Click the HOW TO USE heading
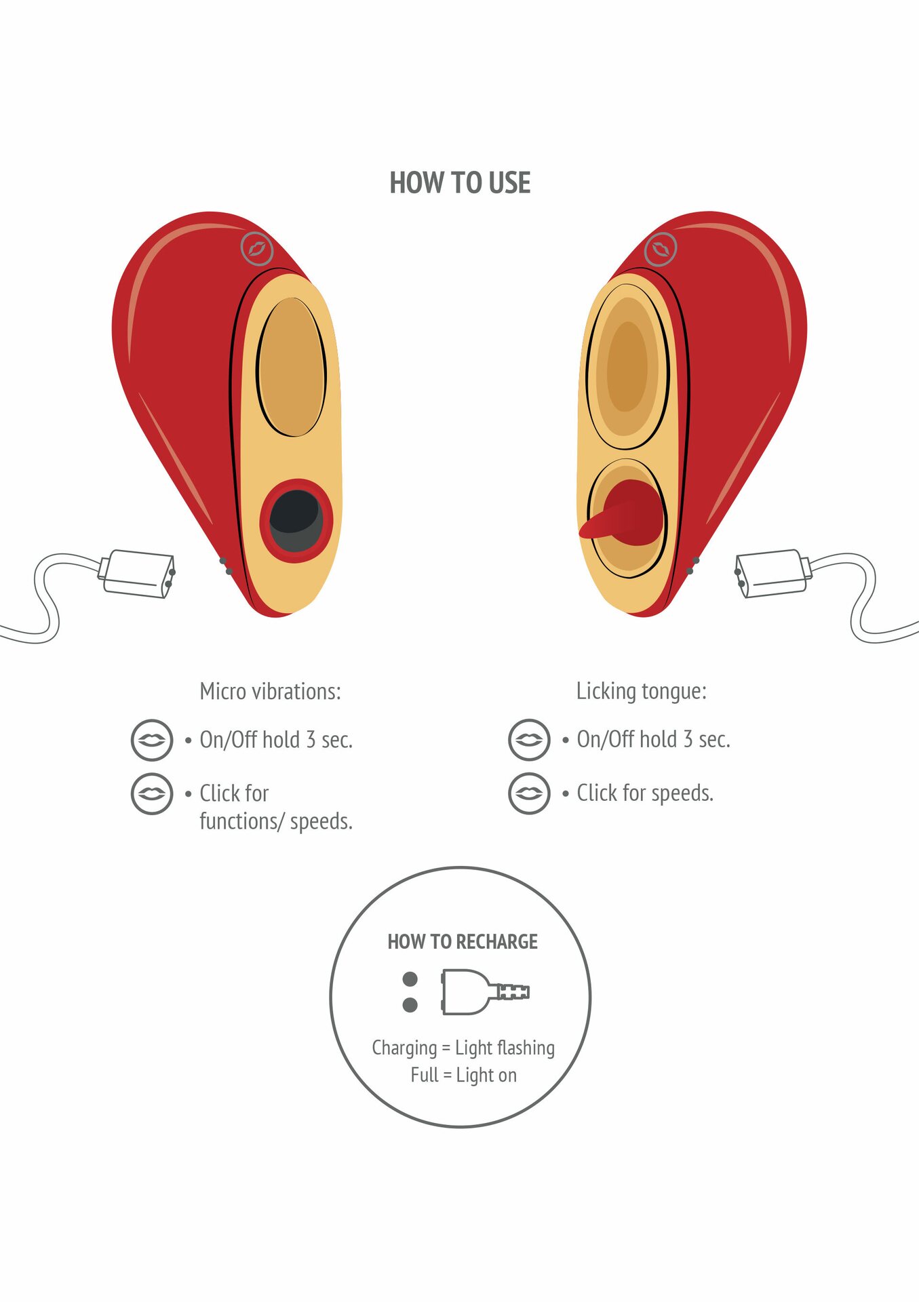point(460,183)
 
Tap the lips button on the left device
point(257,249)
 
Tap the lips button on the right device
point(661,249)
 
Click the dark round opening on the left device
point(296,520)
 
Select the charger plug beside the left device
point(138,574)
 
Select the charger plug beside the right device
point(773,574)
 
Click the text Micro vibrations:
point(270,692)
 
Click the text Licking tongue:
point(642,692)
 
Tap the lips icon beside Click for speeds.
point(529,793)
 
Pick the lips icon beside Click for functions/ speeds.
point(152,793)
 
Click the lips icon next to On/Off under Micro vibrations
point(152,740)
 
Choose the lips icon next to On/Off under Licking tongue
point(529,740)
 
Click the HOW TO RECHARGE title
point(463,942)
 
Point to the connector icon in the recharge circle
point(485,992)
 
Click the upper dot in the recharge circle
point(410,979)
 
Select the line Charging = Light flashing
point(463,1048)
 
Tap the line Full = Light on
point(463,1076)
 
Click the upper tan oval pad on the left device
point(292,367)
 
